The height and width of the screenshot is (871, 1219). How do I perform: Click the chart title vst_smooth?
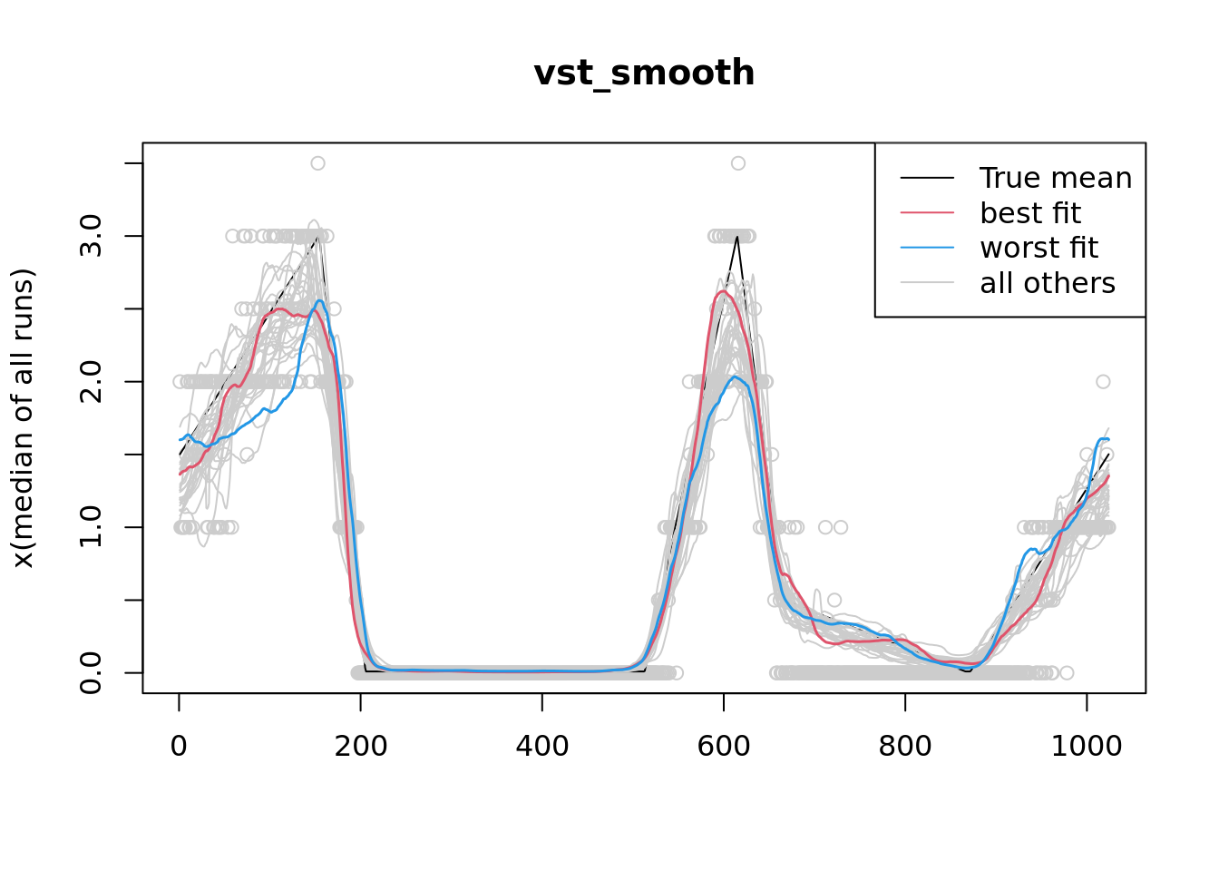click(x=644, y=73)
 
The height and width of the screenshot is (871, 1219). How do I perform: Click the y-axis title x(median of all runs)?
click(x=23, y=418)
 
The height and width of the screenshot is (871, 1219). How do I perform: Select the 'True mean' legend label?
click(x=1056, y=179)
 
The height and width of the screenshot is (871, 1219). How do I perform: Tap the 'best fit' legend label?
click(x=1030, y=213)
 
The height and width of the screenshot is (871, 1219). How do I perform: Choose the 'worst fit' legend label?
click(x=1039, y=248)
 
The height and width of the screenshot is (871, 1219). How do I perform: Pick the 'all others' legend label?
click(x=1048, y=283)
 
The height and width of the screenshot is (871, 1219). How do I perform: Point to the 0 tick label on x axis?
click(x=179, y=747)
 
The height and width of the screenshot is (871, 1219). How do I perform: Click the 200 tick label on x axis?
click(x=361, y=747)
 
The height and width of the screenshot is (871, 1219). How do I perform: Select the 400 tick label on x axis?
click(x=542, y=747)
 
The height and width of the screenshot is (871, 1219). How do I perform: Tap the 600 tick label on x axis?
click(x=724, y=747)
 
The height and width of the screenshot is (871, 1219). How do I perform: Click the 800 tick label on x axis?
click(x=905, y=747)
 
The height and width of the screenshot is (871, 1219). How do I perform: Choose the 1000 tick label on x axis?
click(x=1087, y=747)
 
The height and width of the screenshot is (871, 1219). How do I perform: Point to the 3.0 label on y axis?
click(x=92, y=236)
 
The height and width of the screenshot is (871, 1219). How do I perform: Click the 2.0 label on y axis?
click(x=92, y=382)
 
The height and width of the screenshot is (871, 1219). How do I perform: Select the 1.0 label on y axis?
click(x=92, y=527)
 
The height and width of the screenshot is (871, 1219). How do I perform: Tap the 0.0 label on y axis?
click(x=92, y=673)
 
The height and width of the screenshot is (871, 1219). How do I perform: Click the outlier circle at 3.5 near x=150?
click(x=317, y=163)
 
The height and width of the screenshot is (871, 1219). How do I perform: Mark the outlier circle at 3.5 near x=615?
click(x=738, y=163)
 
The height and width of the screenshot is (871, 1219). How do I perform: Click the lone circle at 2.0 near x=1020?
click(x=1103, y=382)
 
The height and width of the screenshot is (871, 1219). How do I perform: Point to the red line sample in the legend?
click(x=927, y=213)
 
